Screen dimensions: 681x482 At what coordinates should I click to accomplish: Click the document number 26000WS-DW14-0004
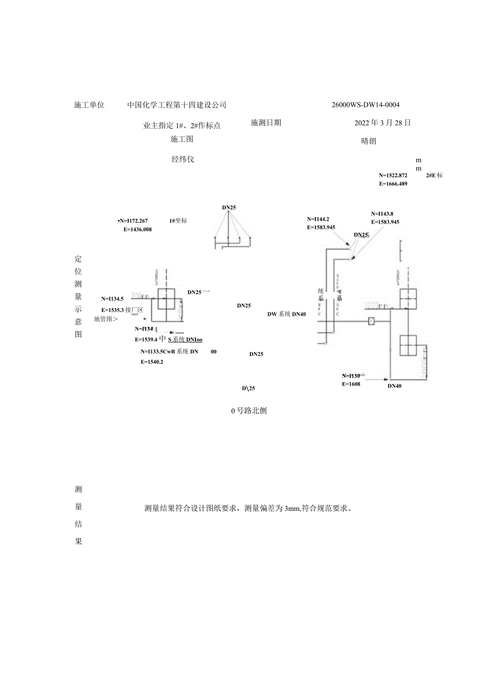click(366, 105)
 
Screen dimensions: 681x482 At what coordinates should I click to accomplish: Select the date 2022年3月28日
click(382, 123)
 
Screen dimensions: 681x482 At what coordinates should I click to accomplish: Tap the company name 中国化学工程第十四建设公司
click(177, 105)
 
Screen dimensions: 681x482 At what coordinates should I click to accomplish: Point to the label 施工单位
click(90, 105)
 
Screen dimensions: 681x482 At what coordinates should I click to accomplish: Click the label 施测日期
click(266, 122)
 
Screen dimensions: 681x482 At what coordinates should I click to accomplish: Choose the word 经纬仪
click(183, 159)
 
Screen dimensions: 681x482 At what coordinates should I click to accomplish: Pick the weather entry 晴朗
click(369, 141)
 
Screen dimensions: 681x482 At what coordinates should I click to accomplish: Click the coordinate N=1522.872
click(393, 175)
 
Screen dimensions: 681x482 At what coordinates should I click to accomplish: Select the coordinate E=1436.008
click(137, 229)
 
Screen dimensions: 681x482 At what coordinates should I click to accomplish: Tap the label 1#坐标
click(178, 221)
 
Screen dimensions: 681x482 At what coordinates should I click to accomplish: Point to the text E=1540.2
click(151, 362)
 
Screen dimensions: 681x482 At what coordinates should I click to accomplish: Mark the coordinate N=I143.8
click(382, 214)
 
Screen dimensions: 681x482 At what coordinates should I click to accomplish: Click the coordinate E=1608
click(351, 384)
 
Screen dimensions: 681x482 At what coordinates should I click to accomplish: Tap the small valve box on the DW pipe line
click(371, 321)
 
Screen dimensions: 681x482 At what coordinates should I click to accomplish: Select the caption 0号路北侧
click(249, 411)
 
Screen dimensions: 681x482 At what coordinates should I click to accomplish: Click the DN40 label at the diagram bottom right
click(395, 386)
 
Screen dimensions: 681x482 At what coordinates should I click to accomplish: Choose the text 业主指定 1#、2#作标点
click(181, 126)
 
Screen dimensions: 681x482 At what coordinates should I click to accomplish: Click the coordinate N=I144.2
click(318, 219)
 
